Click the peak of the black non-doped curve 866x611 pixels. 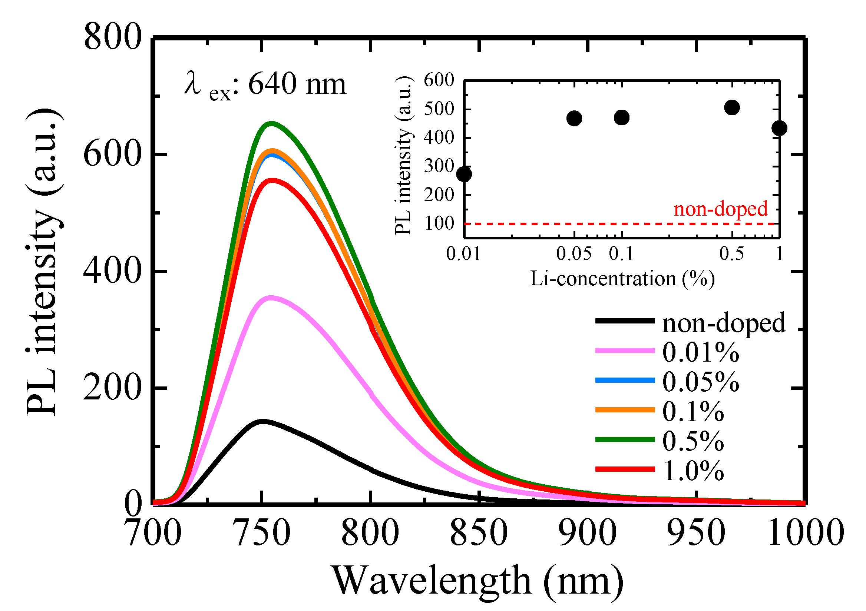click(x=262, y=421)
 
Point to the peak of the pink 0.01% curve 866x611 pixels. click(x=270, y=298)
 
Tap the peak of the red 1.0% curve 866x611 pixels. click(x=272, y=180)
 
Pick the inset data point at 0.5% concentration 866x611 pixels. click(x=732, y=108)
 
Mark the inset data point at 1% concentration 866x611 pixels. click(x=779, y=128)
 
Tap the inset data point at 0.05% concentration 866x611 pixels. click(x=574, y=118)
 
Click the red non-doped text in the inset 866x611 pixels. click(x=720, y=209)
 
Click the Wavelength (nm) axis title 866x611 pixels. click(x=477, y=581)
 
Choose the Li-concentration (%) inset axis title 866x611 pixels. click(x=622, y=279)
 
